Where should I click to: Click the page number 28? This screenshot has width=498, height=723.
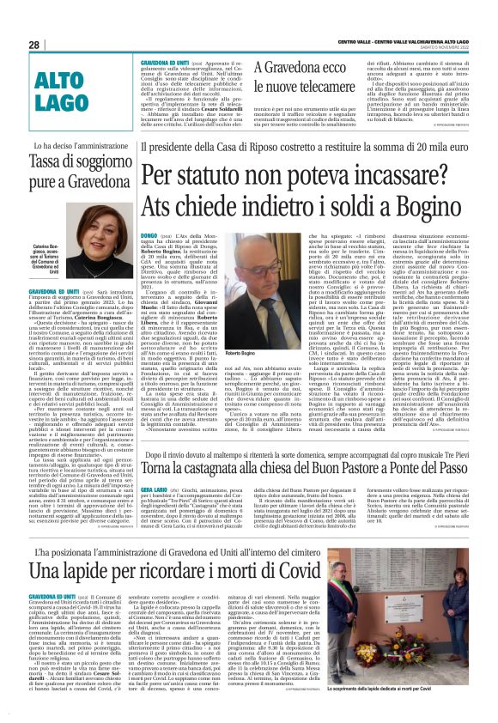click(x=34, y=44)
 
